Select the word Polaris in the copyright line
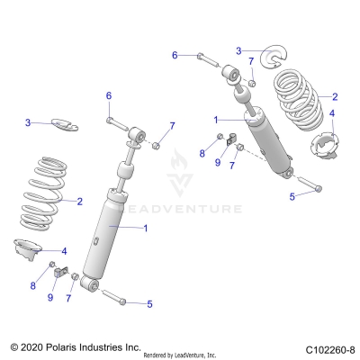(x=67, y=346)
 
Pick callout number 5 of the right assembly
(x=291, y=195)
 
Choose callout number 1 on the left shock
(x=145, y=229)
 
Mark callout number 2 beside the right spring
(x=335, y=97)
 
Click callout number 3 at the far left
(x=28, y=122)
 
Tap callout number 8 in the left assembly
(x=35, y=285)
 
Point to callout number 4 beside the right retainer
(x=331, y=114)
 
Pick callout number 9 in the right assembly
(x=217, y=163)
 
